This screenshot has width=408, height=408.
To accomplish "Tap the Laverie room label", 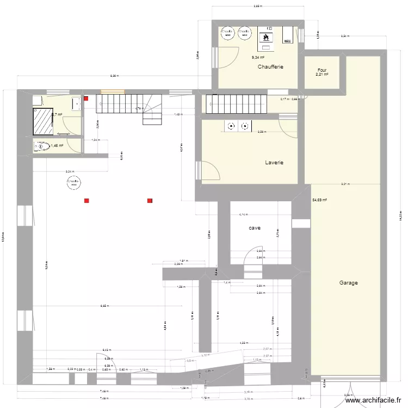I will [x=274, y=163].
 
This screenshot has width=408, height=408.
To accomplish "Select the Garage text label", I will [x=348, y=283].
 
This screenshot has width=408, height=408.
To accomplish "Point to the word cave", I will [x=254, y=228].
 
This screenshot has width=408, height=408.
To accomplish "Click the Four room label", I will [x=322, y=70].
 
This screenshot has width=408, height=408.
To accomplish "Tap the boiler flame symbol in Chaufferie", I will [x=267, y=38].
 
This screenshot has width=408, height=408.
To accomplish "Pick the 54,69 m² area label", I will [x=319, y=200].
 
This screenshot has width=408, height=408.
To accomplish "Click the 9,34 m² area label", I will [x=257, y=57].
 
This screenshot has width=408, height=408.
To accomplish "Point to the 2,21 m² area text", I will [x=322, y=75].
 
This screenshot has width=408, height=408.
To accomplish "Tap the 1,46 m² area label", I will [x=57, y=146].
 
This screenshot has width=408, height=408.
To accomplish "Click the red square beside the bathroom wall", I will [x=86, y=99].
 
